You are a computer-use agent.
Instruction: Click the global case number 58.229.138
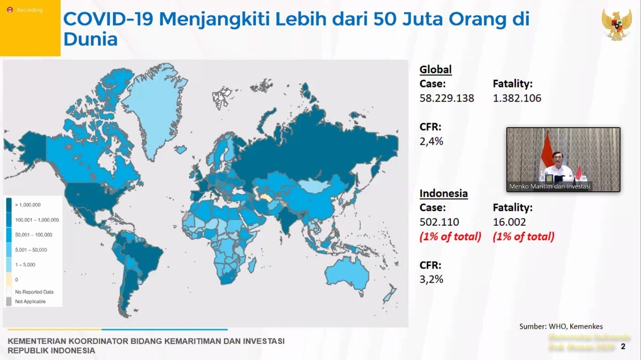click(x=447, y=98)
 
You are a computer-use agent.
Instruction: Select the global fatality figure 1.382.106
click(x=517, y=98)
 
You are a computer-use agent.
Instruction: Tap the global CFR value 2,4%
click(x=431, y=141)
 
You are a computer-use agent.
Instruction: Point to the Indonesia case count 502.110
click(x=439, y=222)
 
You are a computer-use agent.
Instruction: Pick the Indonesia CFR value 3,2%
click(x=431, y=279)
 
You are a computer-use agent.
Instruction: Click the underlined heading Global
click(x=435, y=70)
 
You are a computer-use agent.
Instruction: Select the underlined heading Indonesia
click(x=443, y=193)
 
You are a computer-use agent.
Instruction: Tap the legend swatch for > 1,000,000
click(x=9, y=205)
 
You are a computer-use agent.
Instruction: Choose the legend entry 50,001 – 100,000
click(x=33, y=235)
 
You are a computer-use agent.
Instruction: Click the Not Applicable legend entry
click(x=30, y=301)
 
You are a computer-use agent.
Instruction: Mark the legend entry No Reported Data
click(x=34, y=292)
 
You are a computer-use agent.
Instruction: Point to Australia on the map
click(x=347, y=275)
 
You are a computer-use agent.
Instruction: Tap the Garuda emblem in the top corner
click(x=616, y=24)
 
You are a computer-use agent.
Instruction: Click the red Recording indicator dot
click(x=10, y=10)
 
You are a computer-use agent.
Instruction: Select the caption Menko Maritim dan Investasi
click(x=550, y=186)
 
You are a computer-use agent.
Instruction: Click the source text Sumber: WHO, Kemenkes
click(x=561, y=326)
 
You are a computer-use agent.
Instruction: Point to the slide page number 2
click(x=623, y=346)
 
